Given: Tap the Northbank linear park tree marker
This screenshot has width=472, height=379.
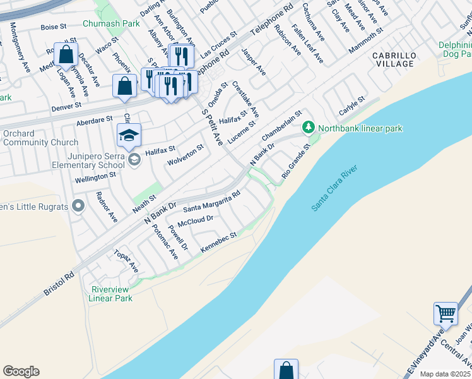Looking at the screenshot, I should tap(308, 128).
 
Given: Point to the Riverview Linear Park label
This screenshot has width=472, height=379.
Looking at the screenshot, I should tap(111, 294).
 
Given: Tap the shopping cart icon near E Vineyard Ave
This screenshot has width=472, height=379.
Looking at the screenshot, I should tap(445, 313).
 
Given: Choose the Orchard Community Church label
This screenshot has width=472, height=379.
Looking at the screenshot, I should tap(40, 138).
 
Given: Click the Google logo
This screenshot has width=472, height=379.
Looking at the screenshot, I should tap(21, 371).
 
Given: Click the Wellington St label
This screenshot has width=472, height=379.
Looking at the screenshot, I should tap(96, 177).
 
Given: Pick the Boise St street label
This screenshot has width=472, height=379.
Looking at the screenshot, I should tap(53, 27).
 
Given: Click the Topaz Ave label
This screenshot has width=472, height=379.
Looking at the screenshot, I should tap(126, 260).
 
